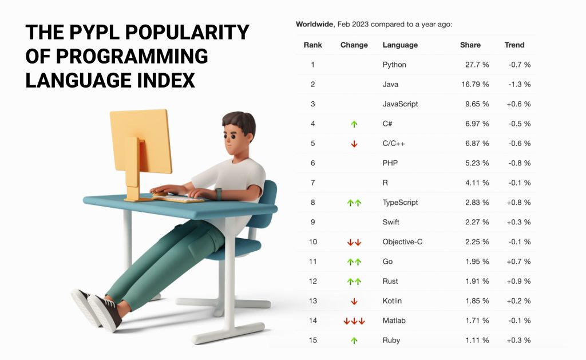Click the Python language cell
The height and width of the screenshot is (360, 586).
point(394,65)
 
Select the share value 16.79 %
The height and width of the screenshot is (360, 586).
point(476,84)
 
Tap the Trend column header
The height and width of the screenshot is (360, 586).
point(514,45)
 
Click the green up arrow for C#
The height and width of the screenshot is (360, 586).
point(354,124)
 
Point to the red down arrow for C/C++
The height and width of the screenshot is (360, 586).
point(354,144)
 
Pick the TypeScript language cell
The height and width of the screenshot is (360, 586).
point(400,203)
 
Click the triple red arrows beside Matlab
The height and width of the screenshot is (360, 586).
point(354,321)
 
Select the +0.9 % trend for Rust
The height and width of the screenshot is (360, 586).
point(519,281)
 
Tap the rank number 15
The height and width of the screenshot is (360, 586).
point(313,341)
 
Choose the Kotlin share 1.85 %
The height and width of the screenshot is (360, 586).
point(477,301)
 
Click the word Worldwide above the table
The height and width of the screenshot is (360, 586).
point(314,25)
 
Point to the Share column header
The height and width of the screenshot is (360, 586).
point(470,45)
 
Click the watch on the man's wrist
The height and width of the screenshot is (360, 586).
point(218,193)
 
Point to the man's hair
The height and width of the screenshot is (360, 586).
point(239,121)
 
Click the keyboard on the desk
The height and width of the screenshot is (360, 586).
point(178,199)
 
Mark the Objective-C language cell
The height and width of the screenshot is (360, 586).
point(402,242)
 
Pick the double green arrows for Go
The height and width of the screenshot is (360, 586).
point(354,262)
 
